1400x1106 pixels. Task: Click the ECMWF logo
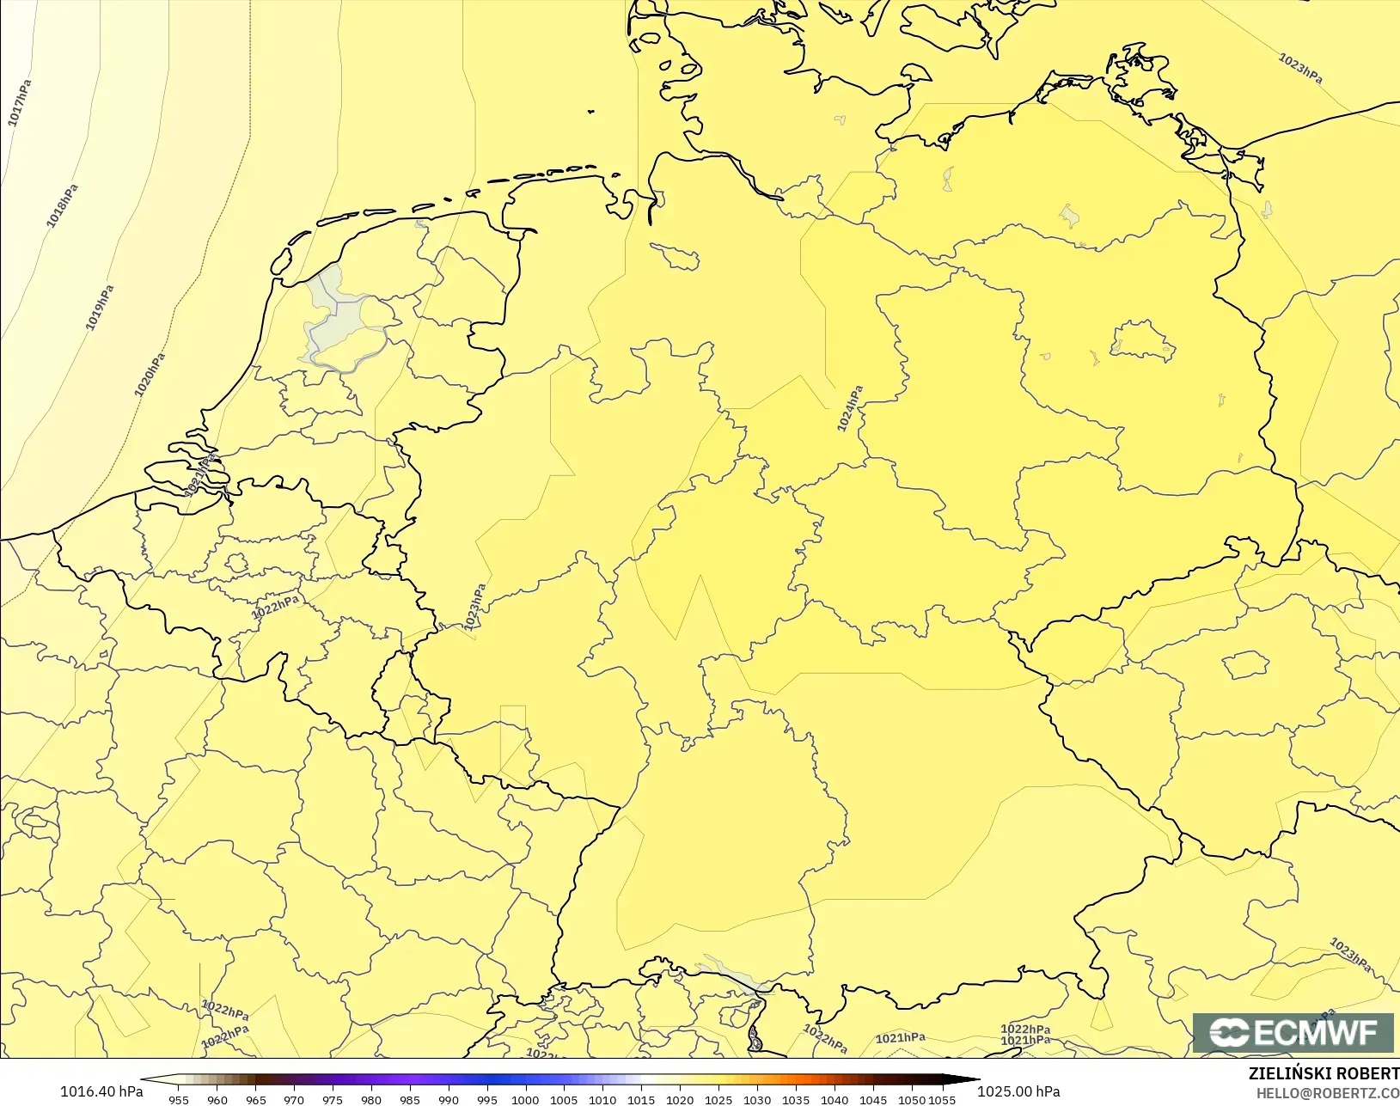click(1293, 1032)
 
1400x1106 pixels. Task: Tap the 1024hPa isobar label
click(849, 409)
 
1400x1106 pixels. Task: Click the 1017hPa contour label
click(20, 103)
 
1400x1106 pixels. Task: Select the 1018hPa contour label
click(62, 206)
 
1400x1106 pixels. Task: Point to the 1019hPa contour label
click(100, 308)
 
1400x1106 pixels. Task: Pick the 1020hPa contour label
click(149, 376)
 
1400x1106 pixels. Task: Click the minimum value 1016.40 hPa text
click(101, 1091)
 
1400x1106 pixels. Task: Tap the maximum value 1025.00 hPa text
click(1018, 1091)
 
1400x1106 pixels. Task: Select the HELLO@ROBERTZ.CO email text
click(1328, 1094)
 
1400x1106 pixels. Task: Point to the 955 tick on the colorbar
click(179, 1099)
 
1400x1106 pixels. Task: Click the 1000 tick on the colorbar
click(525, 1099)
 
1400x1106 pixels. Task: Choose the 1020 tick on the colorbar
click(680, 1099)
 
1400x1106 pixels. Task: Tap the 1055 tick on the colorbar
click(943, 1099)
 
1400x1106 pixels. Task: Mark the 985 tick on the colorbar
click(410, 1099)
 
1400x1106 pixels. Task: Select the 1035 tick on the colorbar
click(795, 1099)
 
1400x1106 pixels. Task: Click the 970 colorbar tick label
click(294, 1099)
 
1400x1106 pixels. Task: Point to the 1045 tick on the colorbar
click(872, 1099)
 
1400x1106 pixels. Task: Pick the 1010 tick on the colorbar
click(602, 1099)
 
